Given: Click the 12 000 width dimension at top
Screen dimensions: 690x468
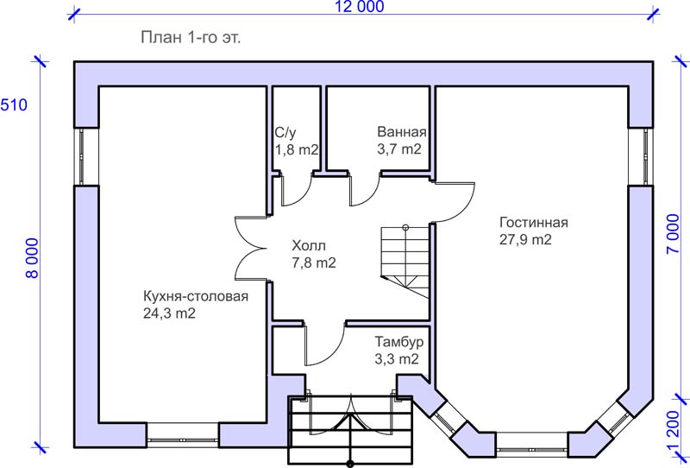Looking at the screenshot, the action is coord(360,7).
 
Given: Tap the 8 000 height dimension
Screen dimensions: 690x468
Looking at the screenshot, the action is coord(33,258).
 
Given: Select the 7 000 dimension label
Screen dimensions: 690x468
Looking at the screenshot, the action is coord(673,233).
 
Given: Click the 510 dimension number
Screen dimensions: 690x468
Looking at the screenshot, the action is coord(14,104).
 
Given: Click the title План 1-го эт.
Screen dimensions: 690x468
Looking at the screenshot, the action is coord(191,37).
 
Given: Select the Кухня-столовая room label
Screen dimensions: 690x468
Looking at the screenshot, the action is coord(196,296).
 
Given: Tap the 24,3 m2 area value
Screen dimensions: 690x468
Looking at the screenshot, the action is coord(169,313).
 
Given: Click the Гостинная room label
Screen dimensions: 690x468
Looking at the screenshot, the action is coord(533,222).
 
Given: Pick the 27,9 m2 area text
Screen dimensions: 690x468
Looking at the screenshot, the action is coord(525,239).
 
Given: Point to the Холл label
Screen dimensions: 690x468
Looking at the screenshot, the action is coord(309,245).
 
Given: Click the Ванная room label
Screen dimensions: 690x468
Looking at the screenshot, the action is coord(402,132).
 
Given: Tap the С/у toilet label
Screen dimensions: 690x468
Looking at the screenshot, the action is coord(285,133).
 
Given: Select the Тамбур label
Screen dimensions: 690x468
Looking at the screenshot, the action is coord(399,342).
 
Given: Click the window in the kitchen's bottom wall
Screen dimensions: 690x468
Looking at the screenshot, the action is coord(183,439).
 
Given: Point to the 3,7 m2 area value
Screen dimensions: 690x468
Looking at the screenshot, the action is coord(399,149).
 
